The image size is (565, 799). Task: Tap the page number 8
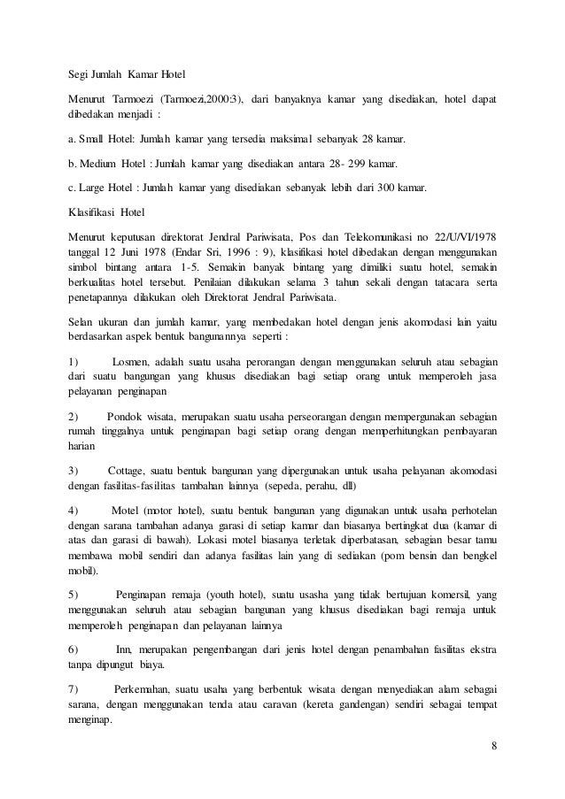click(494, 743)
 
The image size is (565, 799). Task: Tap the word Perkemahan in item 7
click(141, 689)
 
